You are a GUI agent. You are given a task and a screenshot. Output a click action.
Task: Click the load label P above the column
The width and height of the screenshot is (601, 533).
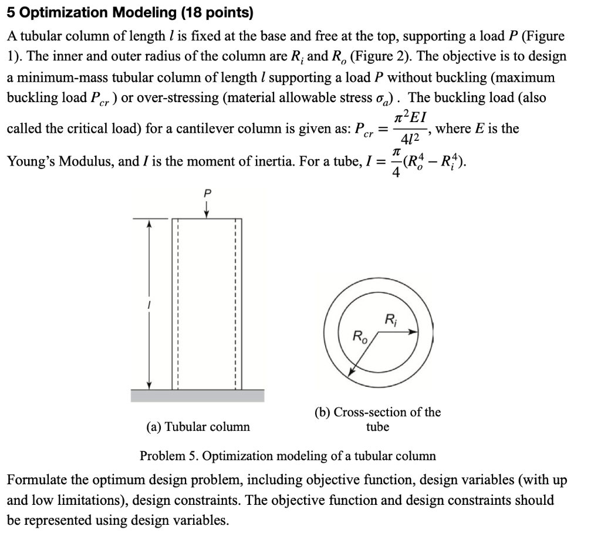pyautogui.click(x=206, y=192)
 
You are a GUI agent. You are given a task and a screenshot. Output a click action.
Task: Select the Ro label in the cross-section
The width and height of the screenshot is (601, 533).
pyautogui.click(x=358, y=336)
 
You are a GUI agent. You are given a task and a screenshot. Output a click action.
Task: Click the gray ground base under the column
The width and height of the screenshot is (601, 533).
pyautogui.click(x=197, y=395)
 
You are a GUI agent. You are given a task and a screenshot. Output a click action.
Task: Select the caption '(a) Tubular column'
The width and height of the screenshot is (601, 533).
pyautogui.click(x=198, y=427)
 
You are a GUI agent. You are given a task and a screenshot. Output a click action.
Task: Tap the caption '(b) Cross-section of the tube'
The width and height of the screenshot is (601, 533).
pyautogui.click(x=378, y=419)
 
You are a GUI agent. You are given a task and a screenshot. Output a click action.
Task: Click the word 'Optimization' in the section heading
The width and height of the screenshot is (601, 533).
pyautogui.click(x=65, y=12)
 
